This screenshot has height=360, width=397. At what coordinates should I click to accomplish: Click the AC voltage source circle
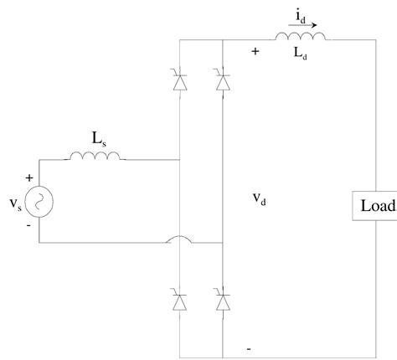(38, 201)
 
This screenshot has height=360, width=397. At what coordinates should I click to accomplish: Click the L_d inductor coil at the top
(300, 37)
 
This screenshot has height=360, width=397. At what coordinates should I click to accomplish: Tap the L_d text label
(301, 56)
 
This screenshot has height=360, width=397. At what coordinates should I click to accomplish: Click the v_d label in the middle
(259, 202)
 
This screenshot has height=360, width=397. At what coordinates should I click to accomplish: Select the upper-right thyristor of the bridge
(222, 81)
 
